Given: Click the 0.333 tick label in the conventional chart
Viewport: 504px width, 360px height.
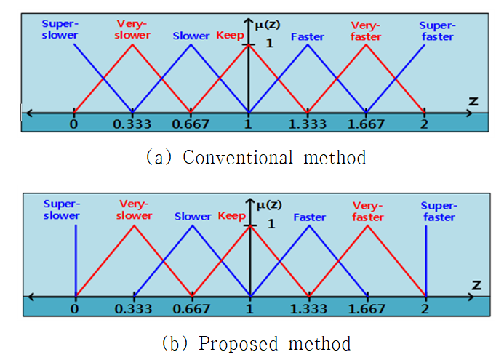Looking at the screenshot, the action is [132, 124].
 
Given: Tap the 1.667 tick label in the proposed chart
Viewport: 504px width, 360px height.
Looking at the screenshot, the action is [367, 309].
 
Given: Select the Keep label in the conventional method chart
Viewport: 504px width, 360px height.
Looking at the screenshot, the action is [230, 35].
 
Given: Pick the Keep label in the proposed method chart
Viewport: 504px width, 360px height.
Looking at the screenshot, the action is [232, 216].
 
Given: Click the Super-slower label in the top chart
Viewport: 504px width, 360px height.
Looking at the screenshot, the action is [60, 29].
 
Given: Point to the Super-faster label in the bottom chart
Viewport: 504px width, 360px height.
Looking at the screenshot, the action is [439, 212].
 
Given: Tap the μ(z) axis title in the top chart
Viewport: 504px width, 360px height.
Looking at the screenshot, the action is [267, 25].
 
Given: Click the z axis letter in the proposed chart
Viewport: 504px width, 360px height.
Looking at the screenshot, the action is [476, 285].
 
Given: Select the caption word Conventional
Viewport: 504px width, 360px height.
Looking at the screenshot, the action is [238, 158].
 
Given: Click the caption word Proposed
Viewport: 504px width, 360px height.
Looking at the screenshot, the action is [238, 343].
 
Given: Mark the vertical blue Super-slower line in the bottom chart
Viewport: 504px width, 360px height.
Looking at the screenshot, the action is [76, 260].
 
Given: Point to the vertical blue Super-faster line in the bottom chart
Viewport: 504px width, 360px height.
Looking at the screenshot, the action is [426, 260].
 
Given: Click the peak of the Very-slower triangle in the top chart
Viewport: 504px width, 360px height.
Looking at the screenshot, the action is [132, 44].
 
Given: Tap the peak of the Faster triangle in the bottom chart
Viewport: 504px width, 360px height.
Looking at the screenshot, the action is [309, 225].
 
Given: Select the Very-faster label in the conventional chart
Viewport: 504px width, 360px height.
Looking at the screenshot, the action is [366, 31].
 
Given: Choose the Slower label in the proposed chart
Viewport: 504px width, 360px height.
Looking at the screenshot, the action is [193, 216].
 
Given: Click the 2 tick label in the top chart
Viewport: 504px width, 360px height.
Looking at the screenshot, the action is [424, 124].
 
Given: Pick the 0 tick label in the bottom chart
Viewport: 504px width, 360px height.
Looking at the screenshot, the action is [75, 309].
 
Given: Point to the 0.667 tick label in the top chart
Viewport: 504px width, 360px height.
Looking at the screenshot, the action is [191, 124].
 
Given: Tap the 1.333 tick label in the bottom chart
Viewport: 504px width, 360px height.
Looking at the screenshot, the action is [308, 309].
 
